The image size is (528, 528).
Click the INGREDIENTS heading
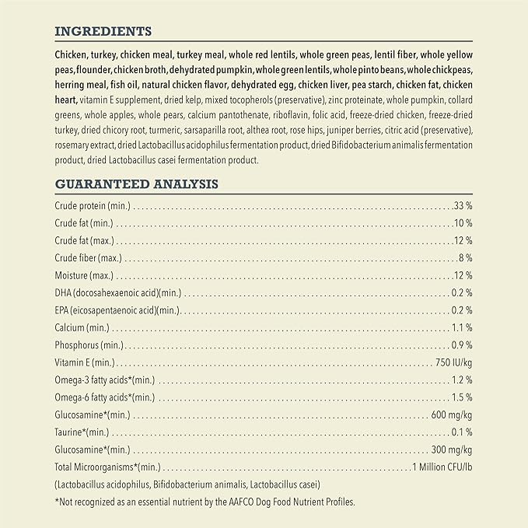click(x=103, y=31)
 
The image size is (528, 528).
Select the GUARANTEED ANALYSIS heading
click(x=136, y=184)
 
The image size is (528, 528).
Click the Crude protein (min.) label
click(x=93, y=206)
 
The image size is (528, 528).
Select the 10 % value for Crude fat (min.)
click(x=463, y=223)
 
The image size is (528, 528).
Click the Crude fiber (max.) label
click(x=88, y=258)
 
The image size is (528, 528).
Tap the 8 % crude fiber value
click(x=466, y=258)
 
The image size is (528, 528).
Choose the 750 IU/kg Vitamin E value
click(x=453, y=362)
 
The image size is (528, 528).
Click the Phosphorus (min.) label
click(x=89, y=345)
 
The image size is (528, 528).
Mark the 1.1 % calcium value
click(x=462, y=327)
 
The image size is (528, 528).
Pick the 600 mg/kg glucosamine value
click(x=452, y=414)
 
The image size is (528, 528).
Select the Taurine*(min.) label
click(x=82, y=432)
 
